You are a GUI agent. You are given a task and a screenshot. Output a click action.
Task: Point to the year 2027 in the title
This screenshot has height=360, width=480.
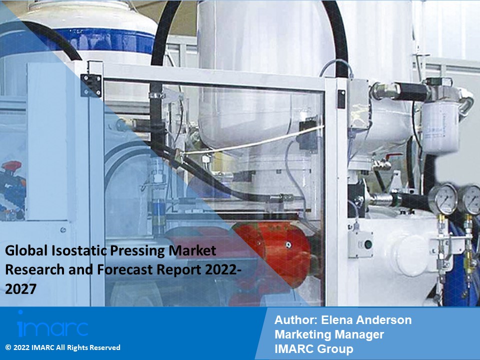pos(21,289)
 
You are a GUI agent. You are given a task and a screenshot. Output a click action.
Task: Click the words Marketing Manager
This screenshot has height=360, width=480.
pos(329,334)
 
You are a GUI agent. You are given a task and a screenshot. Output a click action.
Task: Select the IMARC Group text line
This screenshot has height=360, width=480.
pos(313,348)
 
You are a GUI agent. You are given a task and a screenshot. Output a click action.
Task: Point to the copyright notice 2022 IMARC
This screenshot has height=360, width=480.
pos(63,347)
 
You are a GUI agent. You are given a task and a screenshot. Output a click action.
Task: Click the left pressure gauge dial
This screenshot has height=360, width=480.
pos(446,198)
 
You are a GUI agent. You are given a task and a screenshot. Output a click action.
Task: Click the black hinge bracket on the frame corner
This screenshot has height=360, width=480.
pos(91,85)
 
